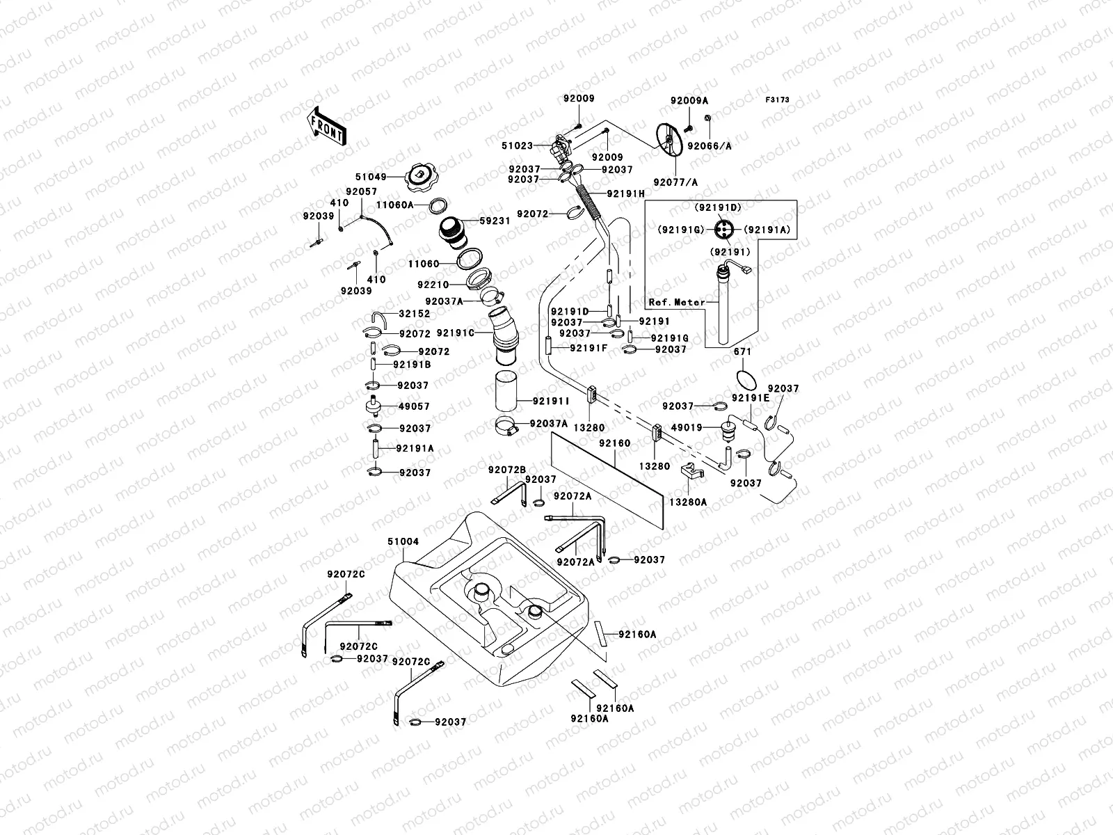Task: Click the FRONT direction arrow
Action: [326, 126]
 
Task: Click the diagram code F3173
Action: [778, 100]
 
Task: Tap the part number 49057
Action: [414, 406]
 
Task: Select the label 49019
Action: [687, 427]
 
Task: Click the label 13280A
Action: [689, 501]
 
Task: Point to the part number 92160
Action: [614, 443]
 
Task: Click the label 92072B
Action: [506, 470]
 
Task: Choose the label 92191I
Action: [552, 401]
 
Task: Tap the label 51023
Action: [518, 146]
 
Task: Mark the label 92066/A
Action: [710, 147]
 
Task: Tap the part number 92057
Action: [362, 191]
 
